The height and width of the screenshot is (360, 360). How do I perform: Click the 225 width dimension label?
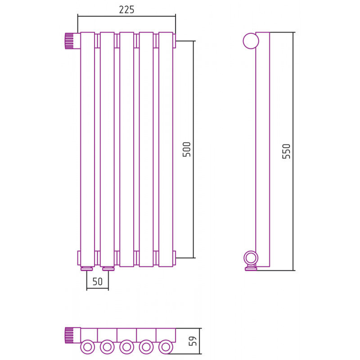click(x=126, y=9)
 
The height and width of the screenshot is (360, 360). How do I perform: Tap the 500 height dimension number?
click(x=187, y=149)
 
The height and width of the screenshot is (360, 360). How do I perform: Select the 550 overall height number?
click(x=286, y=151)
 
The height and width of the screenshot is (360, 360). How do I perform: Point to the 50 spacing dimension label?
click(x=97, y=282)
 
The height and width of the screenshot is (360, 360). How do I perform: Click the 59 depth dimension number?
click(x=193, y=341)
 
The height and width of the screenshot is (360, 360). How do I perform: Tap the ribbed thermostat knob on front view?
click(x=69, y=41)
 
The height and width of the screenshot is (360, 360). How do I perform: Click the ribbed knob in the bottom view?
click(x=69, y=335)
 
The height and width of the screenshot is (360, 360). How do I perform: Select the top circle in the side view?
click(x=251, y=41)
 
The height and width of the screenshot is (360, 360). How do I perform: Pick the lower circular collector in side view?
click(x=251, y=258)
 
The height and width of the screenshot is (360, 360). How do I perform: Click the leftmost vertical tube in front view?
click(x=87, y=149)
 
